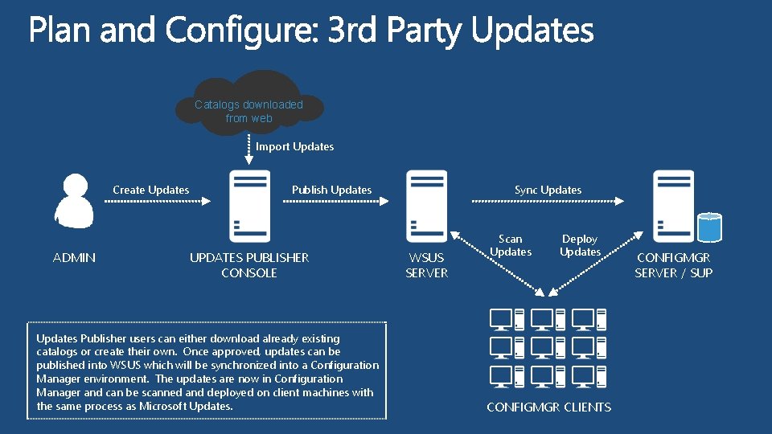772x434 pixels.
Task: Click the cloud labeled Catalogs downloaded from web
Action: (249, 108)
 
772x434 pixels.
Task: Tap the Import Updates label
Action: (294, 146)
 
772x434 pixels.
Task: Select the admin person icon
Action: (74, 202)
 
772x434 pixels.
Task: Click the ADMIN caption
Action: (74, 258)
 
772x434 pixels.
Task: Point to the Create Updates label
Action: (151, 190)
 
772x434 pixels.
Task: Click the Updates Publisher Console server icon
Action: (249, 205)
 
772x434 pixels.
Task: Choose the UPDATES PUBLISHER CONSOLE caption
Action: (249, 265)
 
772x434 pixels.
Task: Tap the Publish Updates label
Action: (331, 190)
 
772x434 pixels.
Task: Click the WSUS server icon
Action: (426, 205)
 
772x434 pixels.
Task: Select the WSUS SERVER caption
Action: (426, 265)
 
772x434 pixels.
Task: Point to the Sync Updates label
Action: (548, 190)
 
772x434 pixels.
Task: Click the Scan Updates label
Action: (511, 245)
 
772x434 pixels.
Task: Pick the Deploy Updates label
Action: (580, 245)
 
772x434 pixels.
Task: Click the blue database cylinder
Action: (709, 227)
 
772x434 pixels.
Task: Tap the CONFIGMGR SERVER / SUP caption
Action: (673, 265)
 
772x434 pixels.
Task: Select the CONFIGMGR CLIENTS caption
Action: (548, 407)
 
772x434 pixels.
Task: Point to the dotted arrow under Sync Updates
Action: (548, 203)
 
